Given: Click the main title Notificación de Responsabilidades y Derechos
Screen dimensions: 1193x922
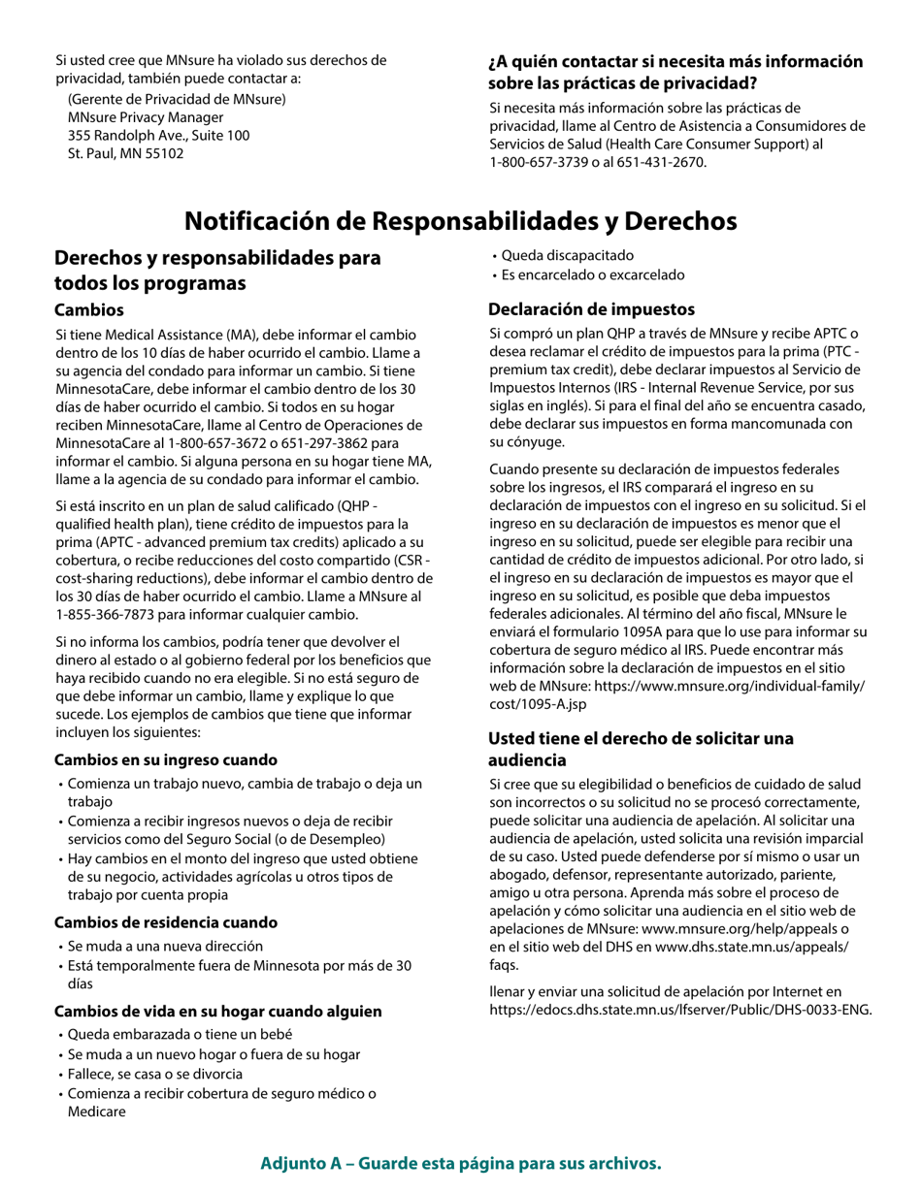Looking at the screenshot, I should [460, 221].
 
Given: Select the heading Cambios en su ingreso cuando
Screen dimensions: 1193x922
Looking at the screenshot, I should [166, 760].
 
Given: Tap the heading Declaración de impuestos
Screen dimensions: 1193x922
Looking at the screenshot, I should [591, 309].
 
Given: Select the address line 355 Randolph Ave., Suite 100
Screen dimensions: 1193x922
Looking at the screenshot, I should [158, 135].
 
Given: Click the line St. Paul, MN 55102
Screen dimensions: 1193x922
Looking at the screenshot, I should [125, 153].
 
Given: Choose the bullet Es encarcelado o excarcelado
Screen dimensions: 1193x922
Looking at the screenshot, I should [592, 275].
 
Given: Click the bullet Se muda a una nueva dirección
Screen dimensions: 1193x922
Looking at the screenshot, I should [165, 946].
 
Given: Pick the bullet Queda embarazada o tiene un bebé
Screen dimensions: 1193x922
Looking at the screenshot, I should [180, 1035].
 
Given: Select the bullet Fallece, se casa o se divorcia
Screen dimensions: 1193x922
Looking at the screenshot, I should [155, 1074].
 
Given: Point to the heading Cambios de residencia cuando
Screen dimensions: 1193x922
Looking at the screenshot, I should [166, 922].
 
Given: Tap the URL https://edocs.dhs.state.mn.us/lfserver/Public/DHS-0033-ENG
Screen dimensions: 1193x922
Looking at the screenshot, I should [680, 1010].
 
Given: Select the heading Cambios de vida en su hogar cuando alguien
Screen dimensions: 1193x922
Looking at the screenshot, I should [217, 1012].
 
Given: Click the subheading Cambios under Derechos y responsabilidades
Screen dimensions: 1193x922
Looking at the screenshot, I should [89, 310].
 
